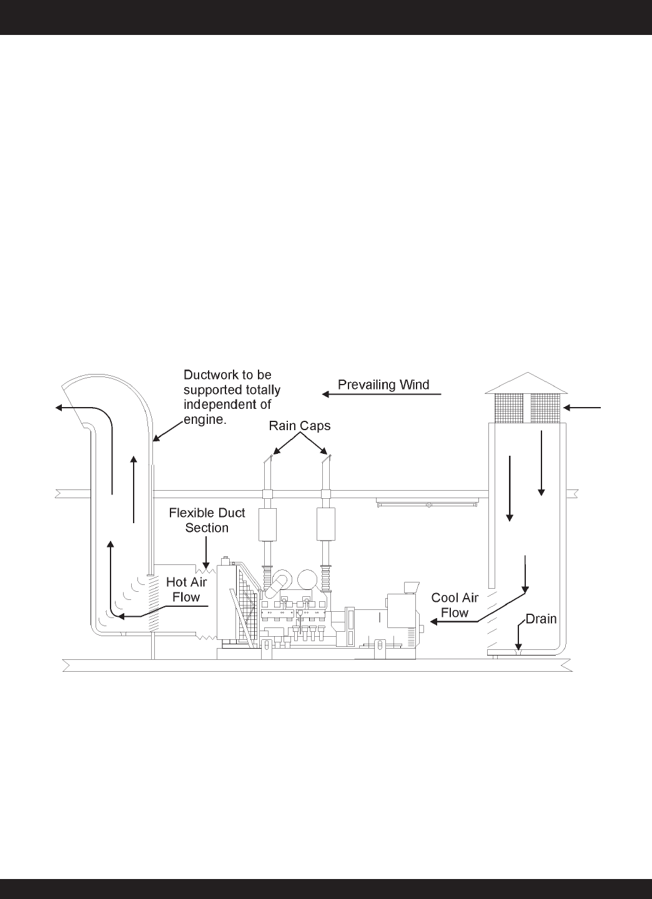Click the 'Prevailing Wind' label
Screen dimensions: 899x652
click(383, 385)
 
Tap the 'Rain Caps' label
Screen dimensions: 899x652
click(300, 426)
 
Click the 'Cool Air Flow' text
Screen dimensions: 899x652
click(455, 605)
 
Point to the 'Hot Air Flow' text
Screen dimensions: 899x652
click(186, 589)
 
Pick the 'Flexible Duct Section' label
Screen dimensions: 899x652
click(207, 520)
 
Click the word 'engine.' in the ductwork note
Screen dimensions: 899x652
click(204, 420)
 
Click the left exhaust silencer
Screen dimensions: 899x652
click(268, 524)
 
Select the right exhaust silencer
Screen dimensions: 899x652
click(325, 524)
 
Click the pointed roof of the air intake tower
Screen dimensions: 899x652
click(526, 383)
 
